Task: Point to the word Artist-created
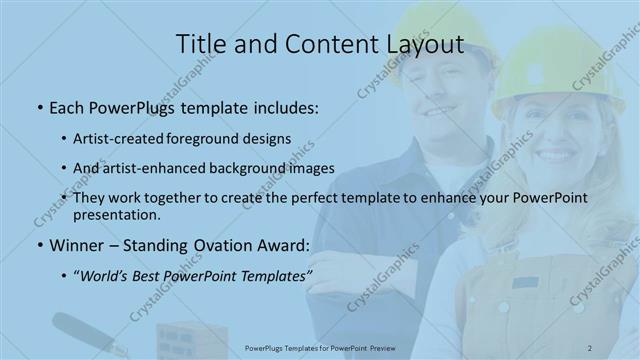click(118, 138)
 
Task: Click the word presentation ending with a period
click(118, 214)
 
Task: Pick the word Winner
click(75, 245)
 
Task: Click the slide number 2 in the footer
click(591, 348)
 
